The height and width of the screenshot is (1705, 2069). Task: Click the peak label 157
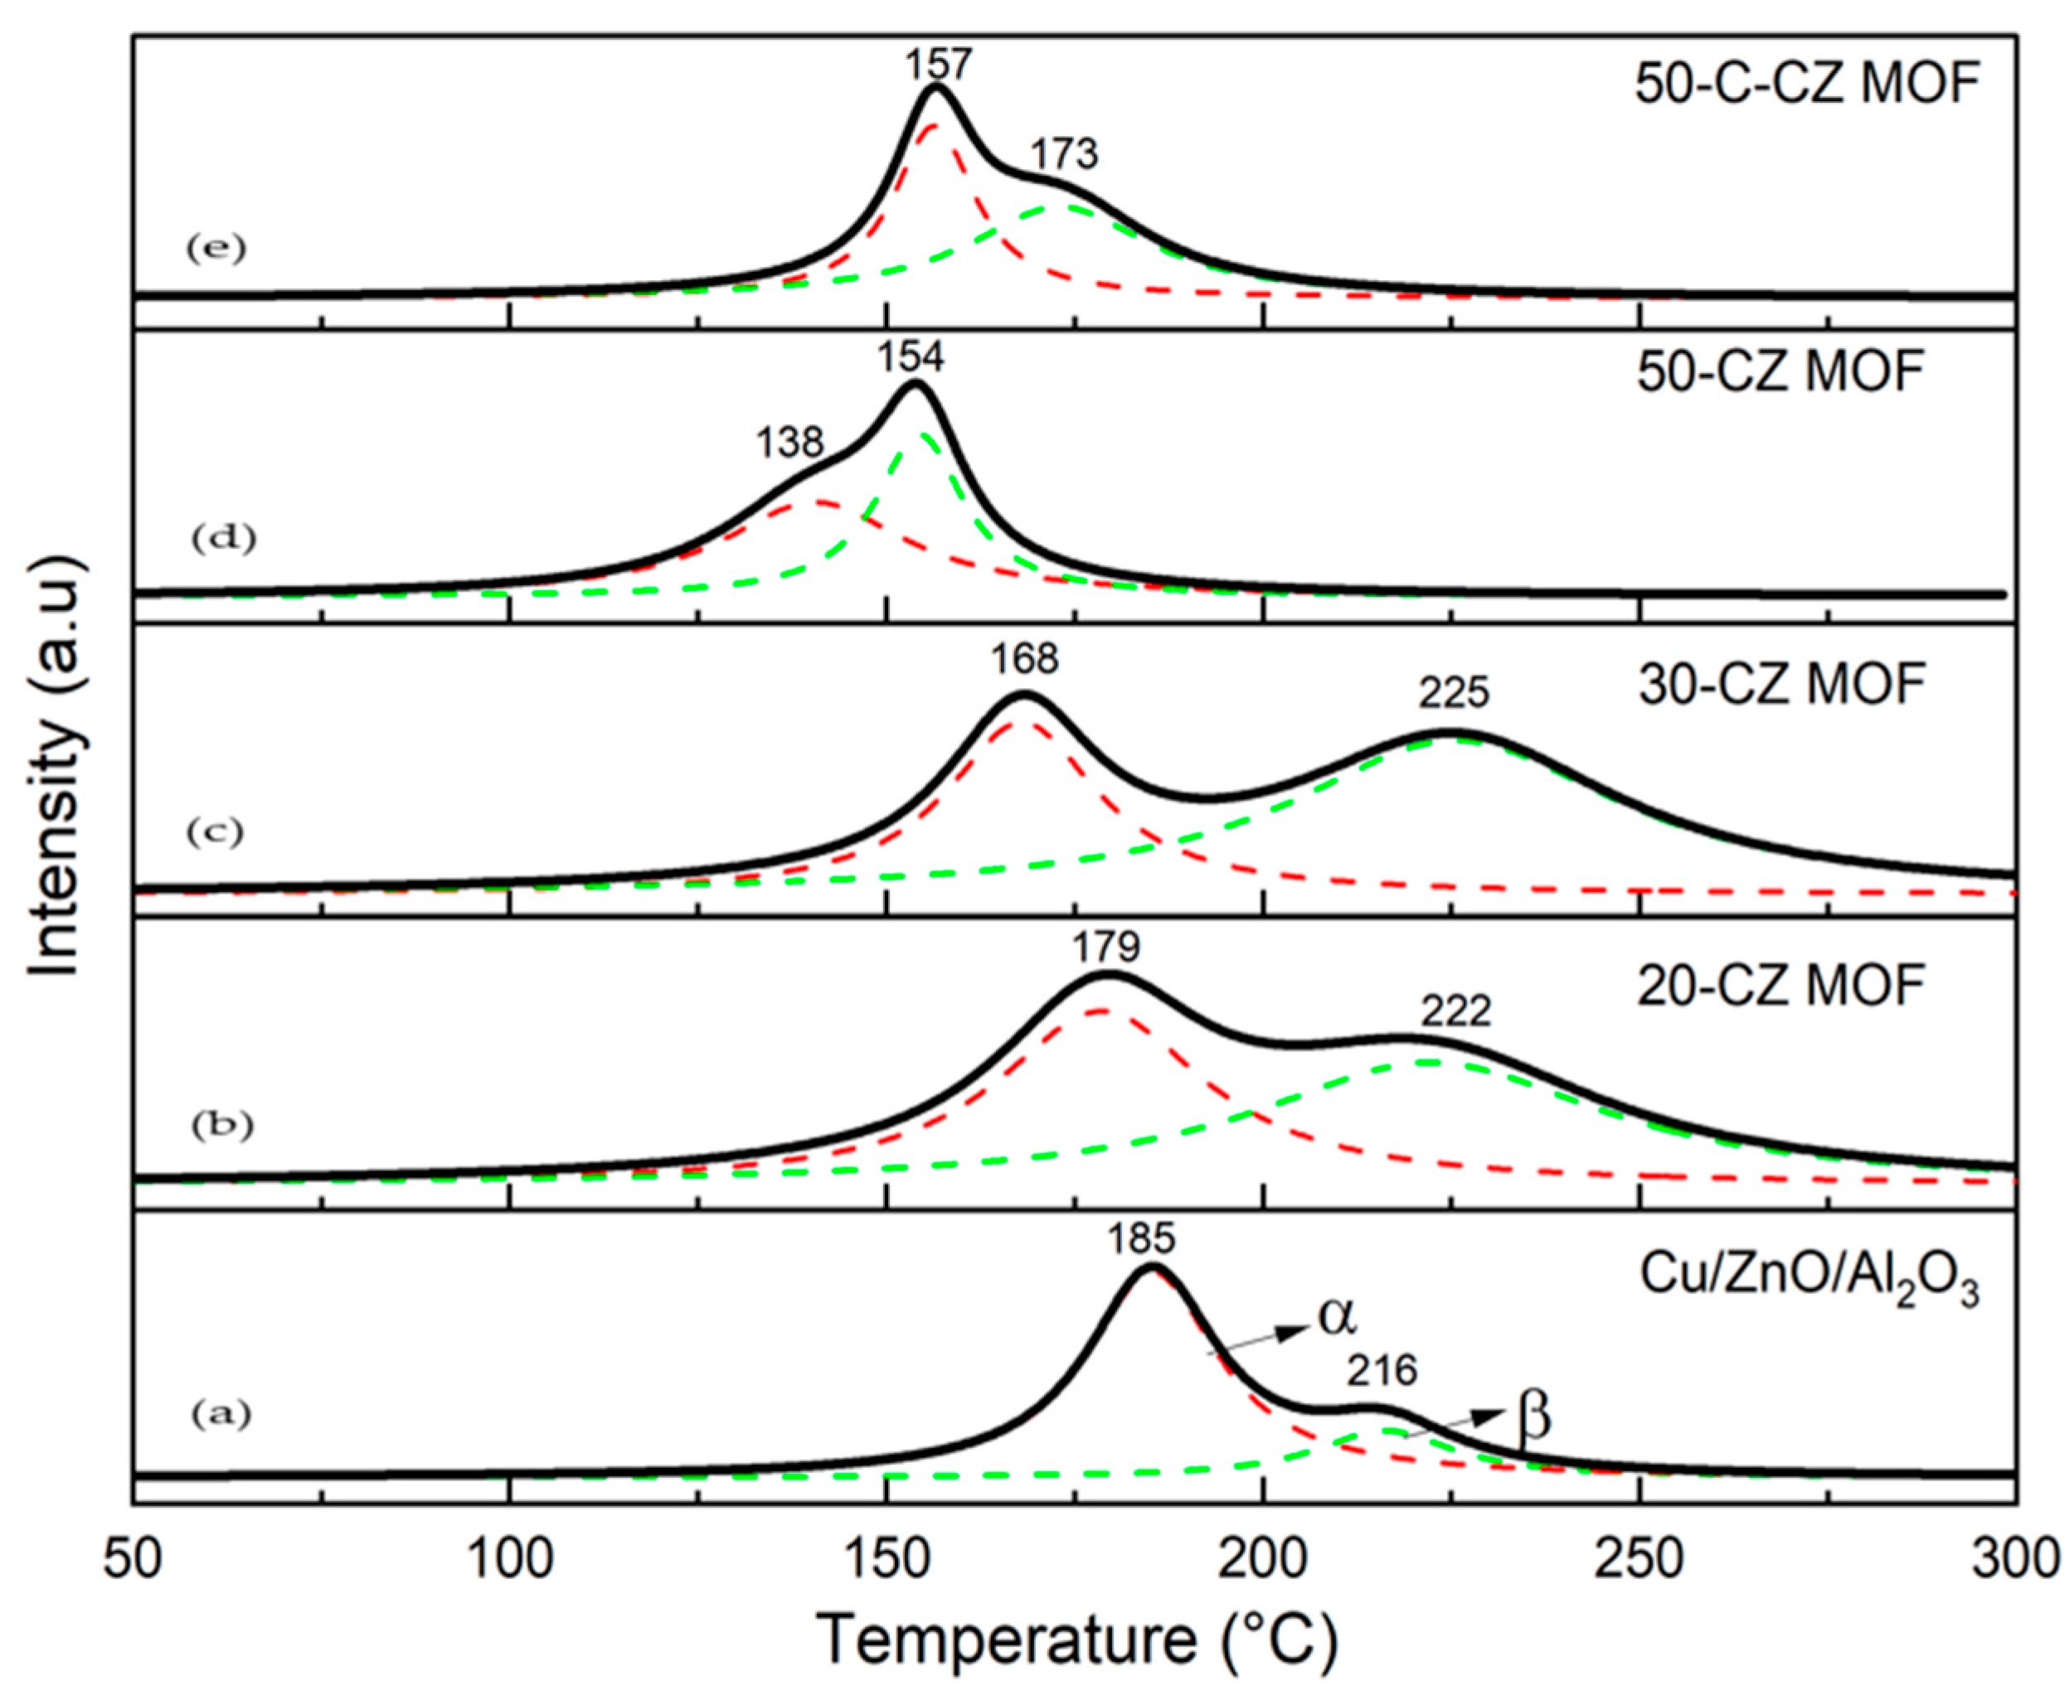click(x=937, y=65)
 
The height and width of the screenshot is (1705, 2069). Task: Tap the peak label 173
click(x=1063, y=154)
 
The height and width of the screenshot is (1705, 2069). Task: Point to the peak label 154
click(x=911, y=357)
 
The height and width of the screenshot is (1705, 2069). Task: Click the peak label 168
click(x=1025, y=659)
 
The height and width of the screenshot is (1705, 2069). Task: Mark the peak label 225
click(x=1453, y=695)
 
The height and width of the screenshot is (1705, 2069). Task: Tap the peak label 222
click(x=1455, y=1011)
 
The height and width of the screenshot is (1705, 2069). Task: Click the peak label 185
click(x=1143, y=1238)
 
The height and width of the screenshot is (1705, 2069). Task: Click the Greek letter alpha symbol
click(x=1337, y=1318)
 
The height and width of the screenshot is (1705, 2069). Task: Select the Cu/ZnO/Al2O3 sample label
click(x=1808, y=1279)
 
